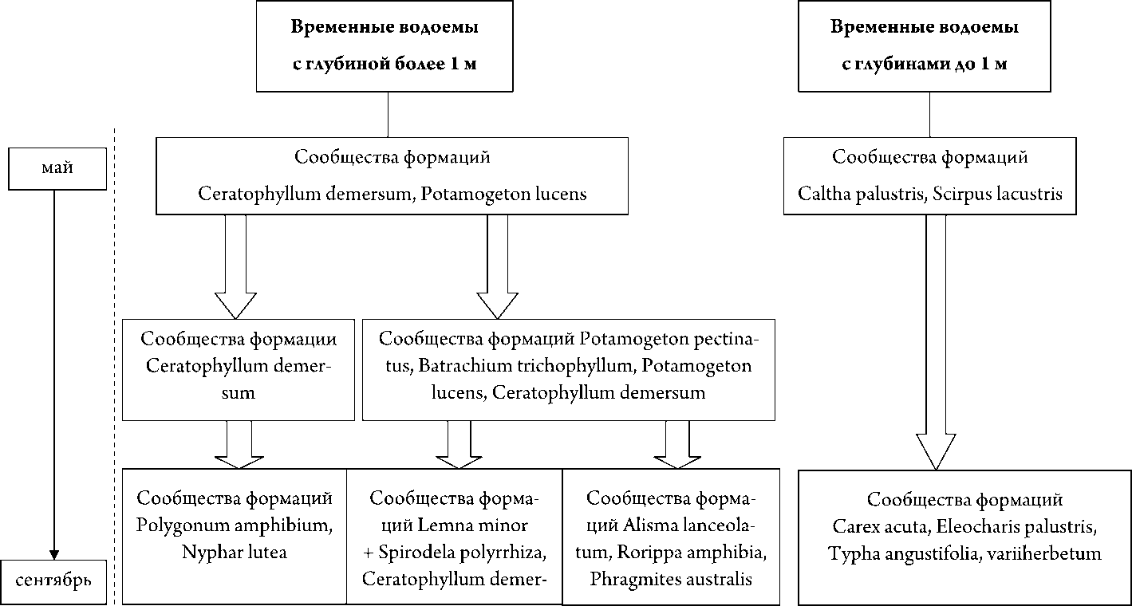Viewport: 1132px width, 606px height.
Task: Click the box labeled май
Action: click(x=57, y=168)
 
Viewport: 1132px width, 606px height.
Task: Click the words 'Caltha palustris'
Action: click(x=853, y=195)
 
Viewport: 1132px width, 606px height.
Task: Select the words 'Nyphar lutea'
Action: click(x=234, y=552)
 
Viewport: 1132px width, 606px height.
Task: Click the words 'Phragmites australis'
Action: click(x=671, y=579)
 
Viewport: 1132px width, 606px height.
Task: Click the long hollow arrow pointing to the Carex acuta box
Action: click(x=935, y=335)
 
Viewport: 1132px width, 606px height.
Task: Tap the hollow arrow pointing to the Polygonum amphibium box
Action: click(x=239, y=446)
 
